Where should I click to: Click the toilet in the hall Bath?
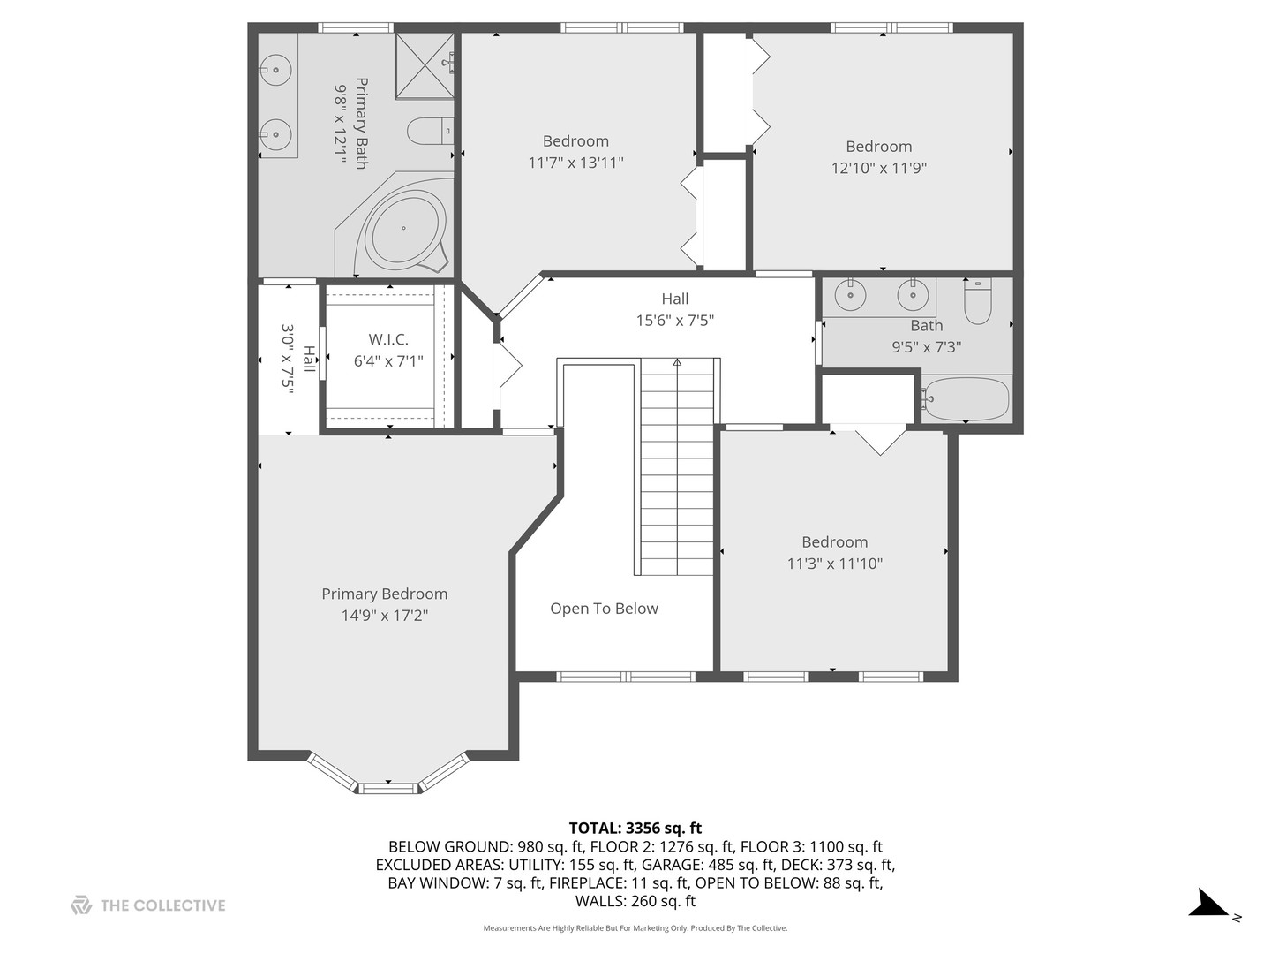977,301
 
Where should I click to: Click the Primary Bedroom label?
384,594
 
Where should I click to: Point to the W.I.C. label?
388,339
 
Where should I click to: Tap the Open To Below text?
604,609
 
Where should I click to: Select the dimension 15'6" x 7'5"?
674,321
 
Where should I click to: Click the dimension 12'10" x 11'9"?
878,168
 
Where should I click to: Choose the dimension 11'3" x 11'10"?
834,564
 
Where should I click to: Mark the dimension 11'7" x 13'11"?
575,163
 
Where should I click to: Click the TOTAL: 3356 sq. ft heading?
635,828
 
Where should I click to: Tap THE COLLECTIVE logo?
148,905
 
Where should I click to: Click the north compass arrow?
1208,904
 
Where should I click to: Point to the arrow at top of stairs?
677,362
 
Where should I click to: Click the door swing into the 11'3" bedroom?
879,440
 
